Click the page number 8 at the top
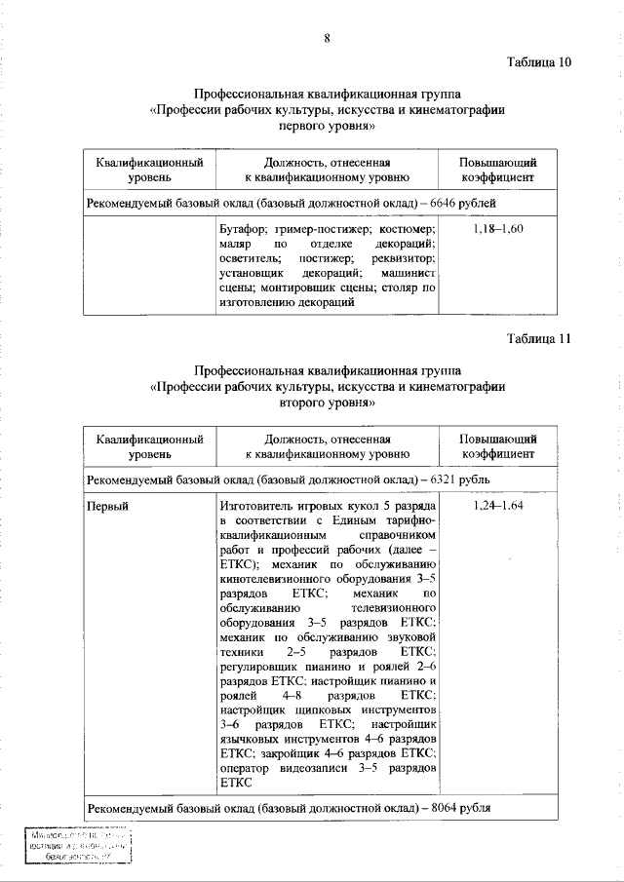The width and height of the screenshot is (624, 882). click(328, 38)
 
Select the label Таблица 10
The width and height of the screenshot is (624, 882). click(538, 62)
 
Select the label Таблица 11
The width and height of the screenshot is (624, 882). click(538, 339)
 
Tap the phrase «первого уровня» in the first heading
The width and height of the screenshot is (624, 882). click(328, 126)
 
